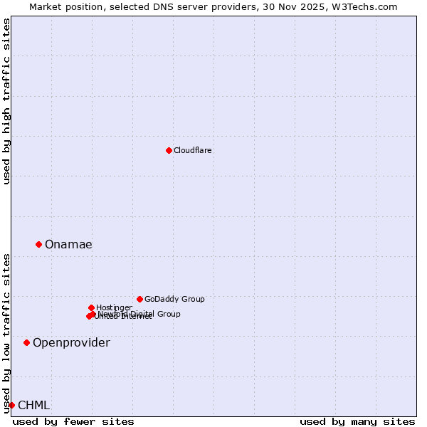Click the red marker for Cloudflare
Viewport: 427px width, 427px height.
pyautogui.click(x=169, y=150)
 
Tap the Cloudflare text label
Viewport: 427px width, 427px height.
pyautogui.click(x=193, y=150)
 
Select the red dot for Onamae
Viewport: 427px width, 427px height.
pyautogui.click(x=39, y=244)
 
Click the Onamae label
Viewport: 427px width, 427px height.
pyautogui.click(x=68, y=245)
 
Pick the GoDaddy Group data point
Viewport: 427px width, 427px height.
pyautogui.click(x=139, y=299)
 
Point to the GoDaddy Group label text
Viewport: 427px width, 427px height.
pyautogui.click(x=174, y=299)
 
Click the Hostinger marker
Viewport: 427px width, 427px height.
pyautogui.click(x=91, y=307)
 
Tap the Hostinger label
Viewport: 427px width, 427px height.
pyautogui.click(x=114, y=307)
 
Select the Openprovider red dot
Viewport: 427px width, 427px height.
pyautogui.click(x=27, y=342)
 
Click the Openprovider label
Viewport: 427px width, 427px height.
pyautogui.click(x=71, y=343)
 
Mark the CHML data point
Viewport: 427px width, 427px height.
pyautogui.click(x=11, y=405)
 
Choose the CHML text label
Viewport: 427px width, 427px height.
pyautogui.click(x=33, y=406)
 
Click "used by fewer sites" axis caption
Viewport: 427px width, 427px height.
pyautogui.click(x=73, y=421)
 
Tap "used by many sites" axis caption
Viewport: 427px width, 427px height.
pyautogui.click(x=357, y=421)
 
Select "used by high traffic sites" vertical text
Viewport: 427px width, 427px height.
pyautogui.click(x=6, y=102)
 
